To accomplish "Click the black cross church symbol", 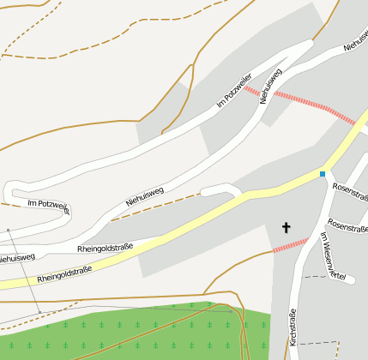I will click(287, 227).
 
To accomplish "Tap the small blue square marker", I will click(323, 174).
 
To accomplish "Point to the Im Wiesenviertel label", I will click(331, 256).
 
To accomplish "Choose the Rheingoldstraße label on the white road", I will click(105, 249).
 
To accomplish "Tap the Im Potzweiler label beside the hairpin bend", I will click(47, 204).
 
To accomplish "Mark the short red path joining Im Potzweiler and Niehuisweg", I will click(250, 90).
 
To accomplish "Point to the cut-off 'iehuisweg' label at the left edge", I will click(16, 257).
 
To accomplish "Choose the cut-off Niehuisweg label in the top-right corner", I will click(355, 42).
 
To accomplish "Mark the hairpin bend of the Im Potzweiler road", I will click(8, 193).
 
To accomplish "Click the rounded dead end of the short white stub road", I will click(204, 191).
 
